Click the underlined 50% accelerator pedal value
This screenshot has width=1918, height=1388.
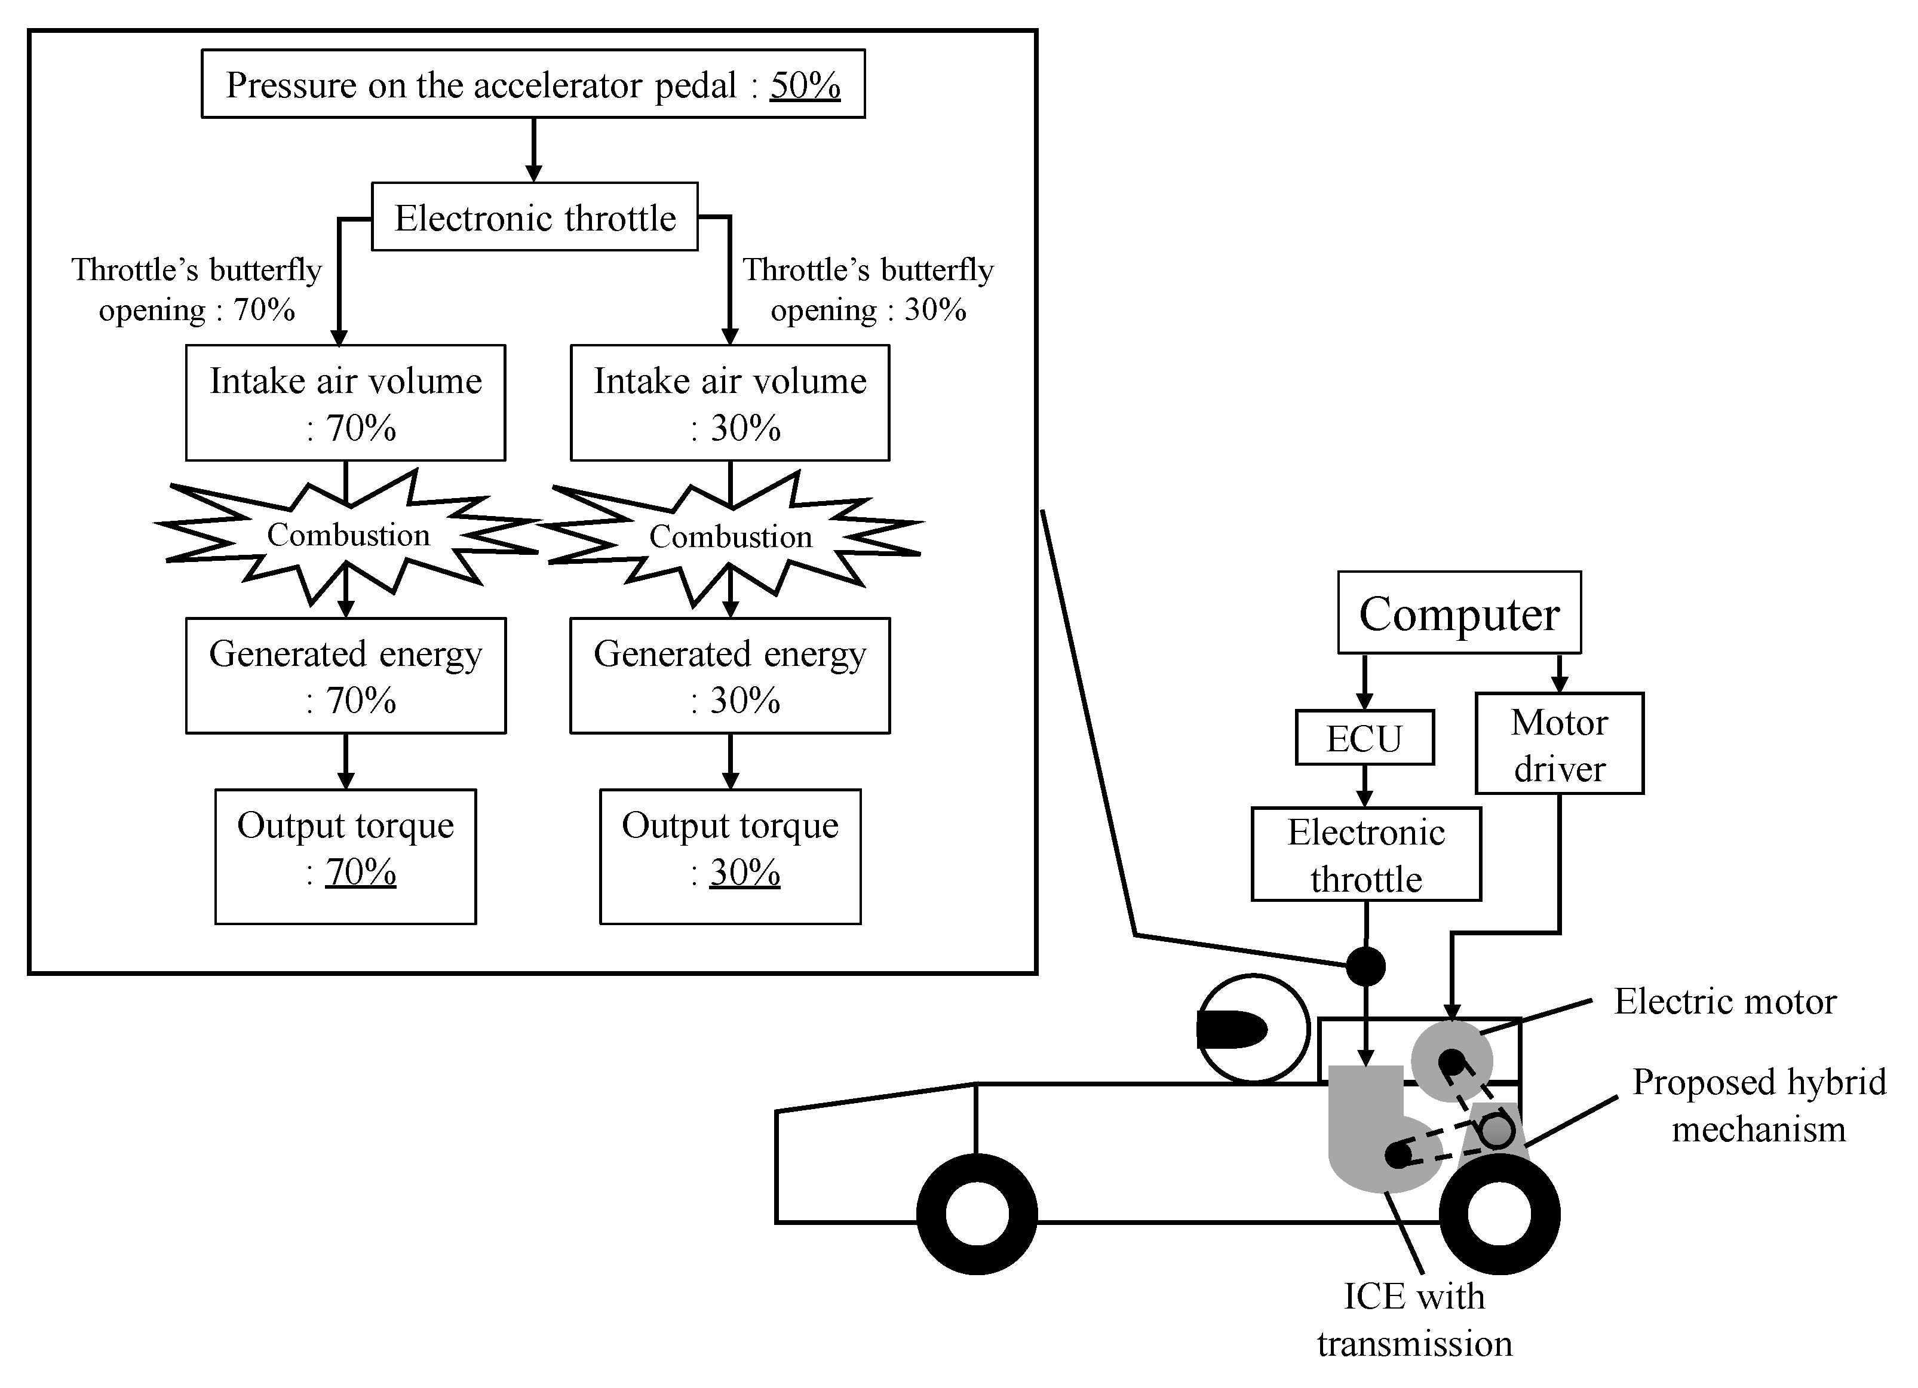[804, 85]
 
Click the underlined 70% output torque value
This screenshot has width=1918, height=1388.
[360, 872]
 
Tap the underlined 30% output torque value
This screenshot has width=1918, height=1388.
[744, 872]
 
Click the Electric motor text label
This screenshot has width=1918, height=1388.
[1725, 1002]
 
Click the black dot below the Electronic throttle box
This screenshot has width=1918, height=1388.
[1365, 966]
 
